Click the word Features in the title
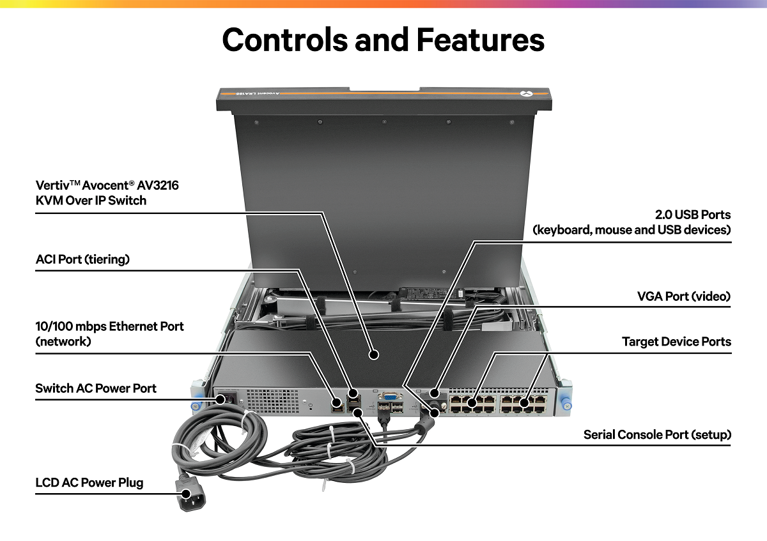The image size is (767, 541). tap(481, 40)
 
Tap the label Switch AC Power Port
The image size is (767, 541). tap(96, 388)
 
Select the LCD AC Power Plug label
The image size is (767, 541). tap(89, 482)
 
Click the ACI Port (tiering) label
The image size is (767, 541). tap(82, 259)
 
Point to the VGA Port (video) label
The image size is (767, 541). tap(683, 296)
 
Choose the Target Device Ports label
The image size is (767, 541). tap(676, 342)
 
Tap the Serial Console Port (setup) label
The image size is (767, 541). tap(657, 435)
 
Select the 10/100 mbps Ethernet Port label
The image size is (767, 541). tap(109, 326)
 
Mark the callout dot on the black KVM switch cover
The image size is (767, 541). tap(373, 353)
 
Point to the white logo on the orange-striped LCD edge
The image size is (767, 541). tap(525, 94)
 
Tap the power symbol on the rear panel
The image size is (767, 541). tap(310, 404)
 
